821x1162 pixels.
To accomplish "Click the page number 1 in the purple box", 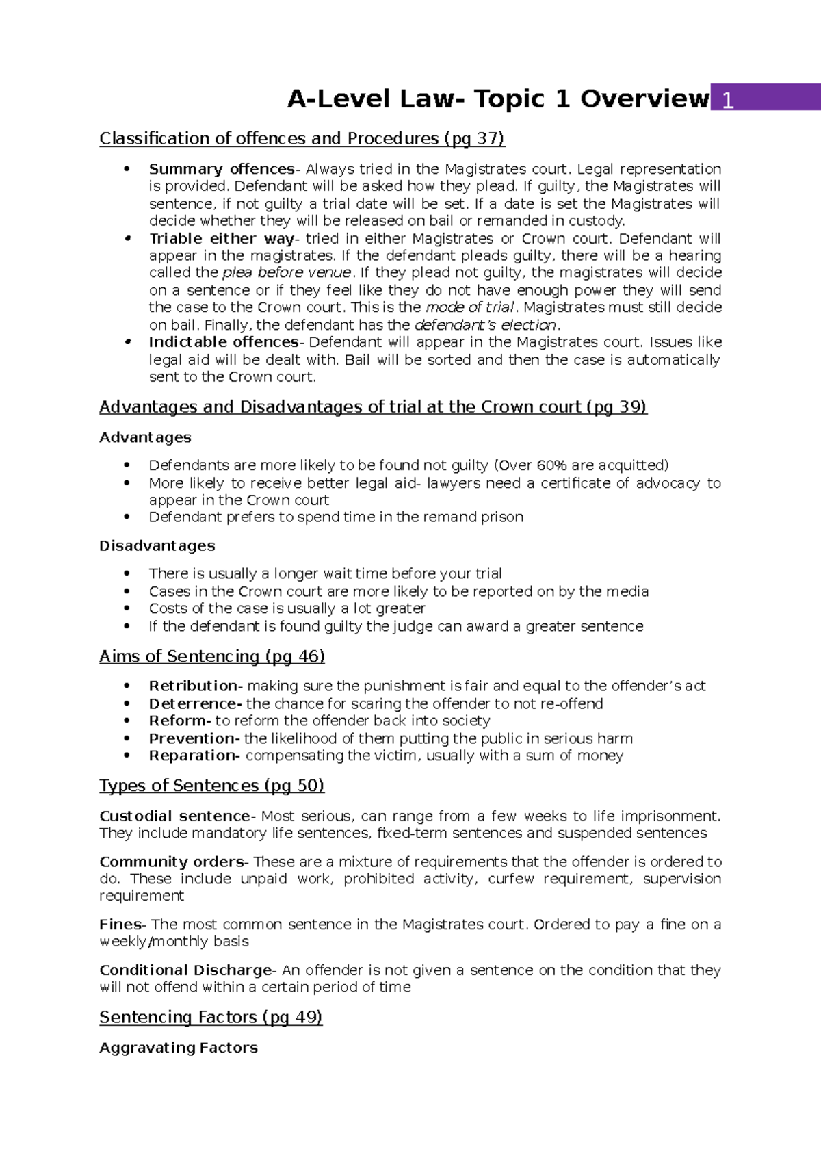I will tap(728, 101).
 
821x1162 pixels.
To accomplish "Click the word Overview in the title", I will tap(644, 99).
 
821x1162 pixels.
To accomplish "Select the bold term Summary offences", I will tap(221, 169).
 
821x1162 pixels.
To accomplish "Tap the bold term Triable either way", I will tap(221, 239).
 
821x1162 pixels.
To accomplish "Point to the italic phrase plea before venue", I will tap(287, 272).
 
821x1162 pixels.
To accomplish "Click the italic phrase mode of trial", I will tap(469, 307).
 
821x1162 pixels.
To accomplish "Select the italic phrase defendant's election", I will tap(485, 325).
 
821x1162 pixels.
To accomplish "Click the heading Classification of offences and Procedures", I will tap(302, 139).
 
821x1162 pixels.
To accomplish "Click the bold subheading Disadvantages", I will tap(157, 546).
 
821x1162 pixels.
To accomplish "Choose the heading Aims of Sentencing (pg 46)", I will tap(211, 656).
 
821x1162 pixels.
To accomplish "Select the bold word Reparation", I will tap(193, 756).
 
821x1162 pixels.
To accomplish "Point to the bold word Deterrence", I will tap(194, 703).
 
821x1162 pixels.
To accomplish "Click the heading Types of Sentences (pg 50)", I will tap(211, 786).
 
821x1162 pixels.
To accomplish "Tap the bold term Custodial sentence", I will tap(174, 816).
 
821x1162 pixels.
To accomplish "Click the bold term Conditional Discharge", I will tap(185, 970).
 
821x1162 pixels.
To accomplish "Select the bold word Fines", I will tap(120, 925).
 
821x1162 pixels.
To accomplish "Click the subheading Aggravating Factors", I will tap(178, 1048).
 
